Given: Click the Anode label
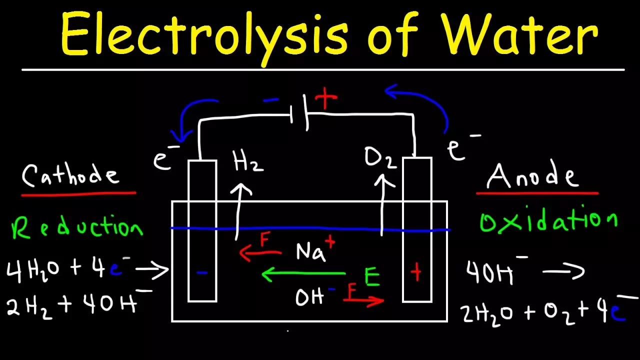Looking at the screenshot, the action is click(532, 175).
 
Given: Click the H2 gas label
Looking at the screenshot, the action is click(248, 162).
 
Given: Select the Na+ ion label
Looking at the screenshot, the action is click(315, 250).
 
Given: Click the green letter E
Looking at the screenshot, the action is click(371, 278).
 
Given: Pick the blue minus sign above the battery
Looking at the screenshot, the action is click(271, 100).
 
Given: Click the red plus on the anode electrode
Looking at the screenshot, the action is click(415, 273).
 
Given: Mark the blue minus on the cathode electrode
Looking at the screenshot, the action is click(202, 273).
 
